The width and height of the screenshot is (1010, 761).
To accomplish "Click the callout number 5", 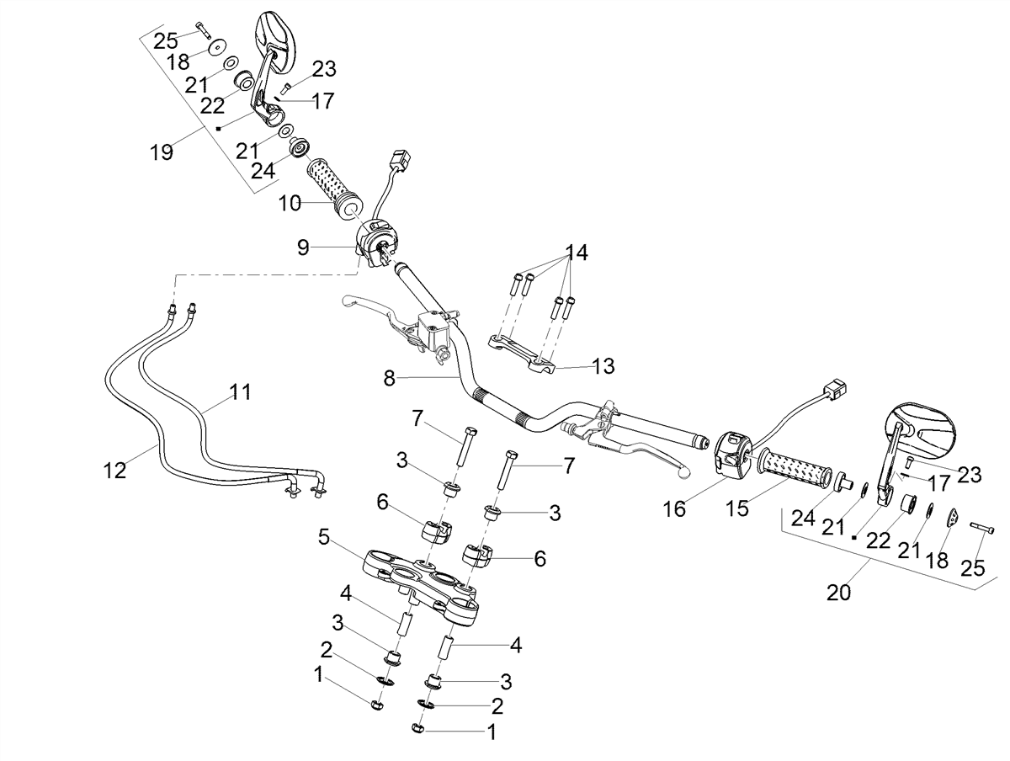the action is pyautogui.click(x=324, y=537).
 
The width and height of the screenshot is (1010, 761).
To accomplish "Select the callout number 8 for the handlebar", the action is pyautogui.click(x=390, y=379).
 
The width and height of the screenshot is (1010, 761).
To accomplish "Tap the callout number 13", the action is pyautogui.click(x=603, y=366).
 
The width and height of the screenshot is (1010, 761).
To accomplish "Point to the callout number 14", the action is pyautogui.click(x=576, y=253).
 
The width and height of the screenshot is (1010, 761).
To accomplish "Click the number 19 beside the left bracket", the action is pyautogui.click(x=162, y=152).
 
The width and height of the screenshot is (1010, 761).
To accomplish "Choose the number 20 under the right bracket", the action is pyautogui.click(x=838, y=593).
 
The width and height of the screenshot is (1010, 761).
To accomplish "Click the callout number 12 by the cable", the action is pyautogui.click(x=114, y=471).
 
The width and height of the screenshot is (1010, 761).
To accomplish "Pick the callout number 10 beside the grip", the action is pyautogui.click(x=290, y=203).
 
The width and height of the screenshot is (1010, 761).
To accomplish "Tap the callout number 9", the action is pyautogui.click(x=303, y=247).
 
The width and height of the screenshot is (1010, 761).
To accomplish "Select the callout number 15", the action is pyautogui.click(x=737, y=508).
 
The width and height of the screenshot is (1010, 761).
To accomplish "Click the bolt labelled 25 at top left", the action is pyautogui.click(x=203, y=29).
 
